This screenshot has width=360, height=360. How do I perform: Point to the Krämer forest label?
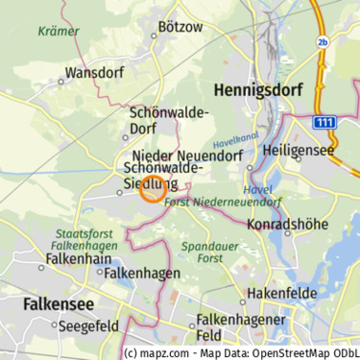(x=59, y=31)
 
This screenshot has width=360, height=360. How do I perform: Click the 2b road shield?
(x=322, y=42)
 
